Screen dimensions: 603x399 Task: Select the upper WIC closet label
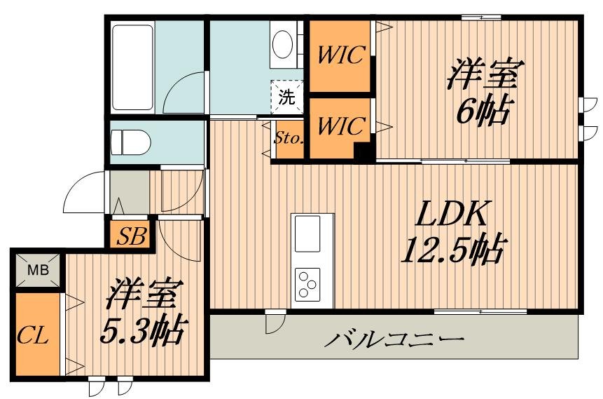[x=340, y=55]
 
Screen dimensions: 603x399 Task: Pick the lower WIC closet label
[x=341, y=126]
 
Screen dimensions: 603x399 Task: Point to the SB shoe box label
[x=132, y=236]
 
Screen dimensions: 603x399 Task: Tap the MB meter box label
[x=39, y=270]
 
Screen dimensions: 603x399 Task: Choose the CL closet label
[x=33, y=335]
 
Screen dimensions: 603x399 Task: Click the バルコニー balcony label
[x=394, y=339]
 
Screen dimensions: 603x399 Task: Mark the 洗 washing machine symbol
[x=287, y=97]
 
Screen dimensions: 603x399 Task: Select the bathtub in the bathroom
[x=133, y=67]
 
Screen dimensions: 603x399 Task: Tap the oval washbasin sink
[x=284, y=44]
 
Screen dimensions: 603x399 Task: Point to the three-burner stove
[x=307, y=285]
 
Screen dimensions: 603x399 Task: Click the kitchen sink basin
[x=307, y=234]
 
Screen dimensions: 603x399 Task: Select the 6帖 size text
[x=484, y=109]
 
